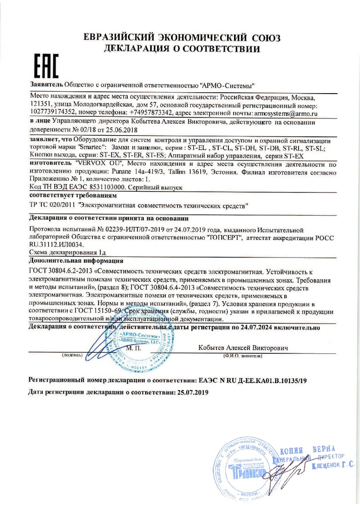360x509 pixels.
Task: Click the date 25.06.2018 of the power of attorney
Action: tap(121, 130)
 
